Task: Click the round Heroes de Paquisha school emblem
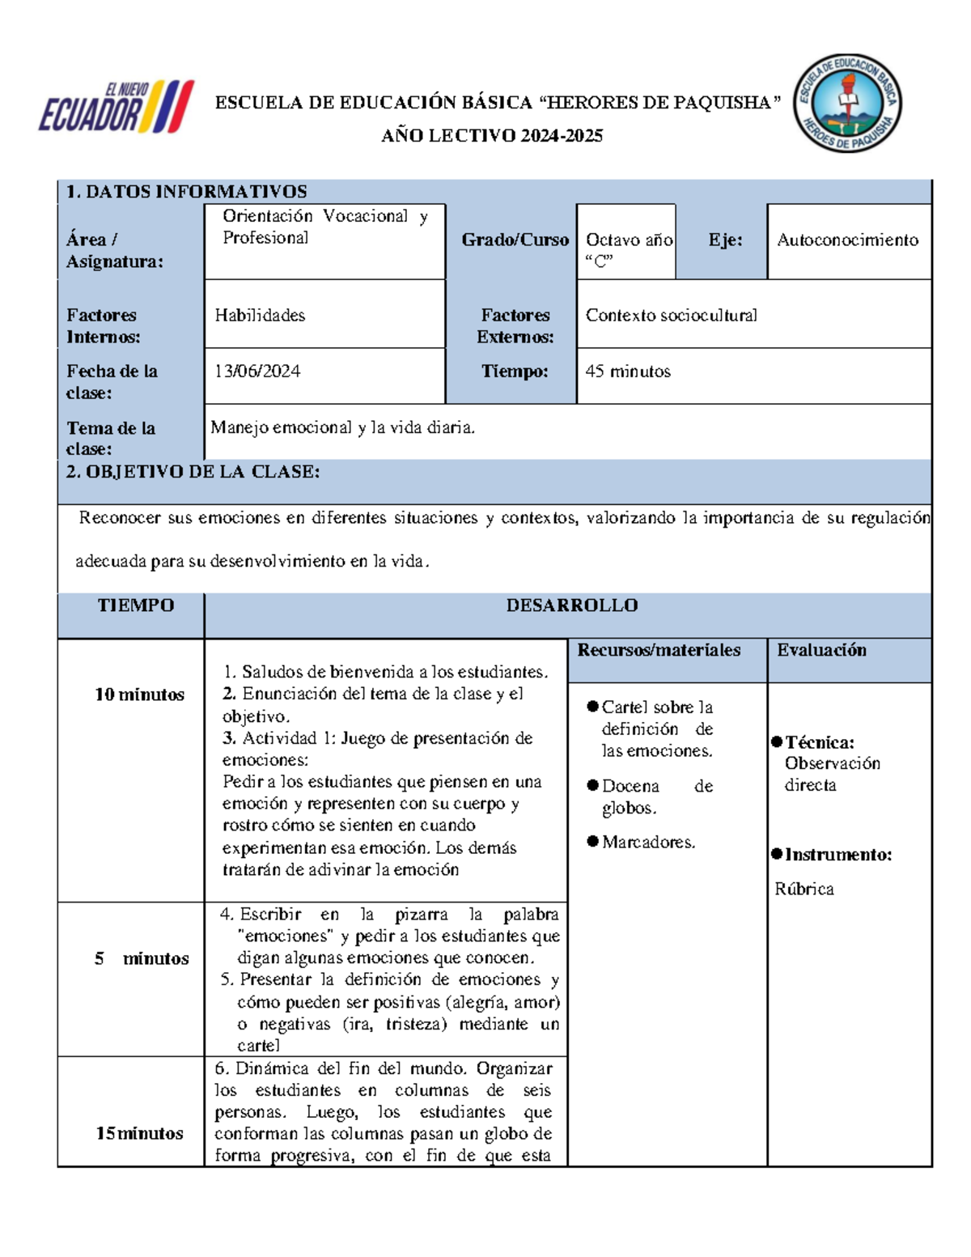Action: click(x=847, y=104)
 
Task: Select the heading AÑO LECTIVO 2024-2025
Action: click(x=492, y=136)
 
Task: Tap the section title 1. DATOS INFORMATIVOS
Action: click(x=186, y=192)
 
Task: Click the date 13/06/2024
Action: click(x=257, y=372)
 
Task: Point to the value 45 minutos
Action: click(x=628, y=372)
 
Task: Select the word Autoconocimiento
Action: click(x=847, y=240)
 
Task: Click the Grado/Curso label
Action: click(x=515, y=240)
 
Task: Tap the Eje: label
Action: click(x=725, y=240)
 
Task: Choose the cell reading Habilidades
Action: click(x=260, y=316)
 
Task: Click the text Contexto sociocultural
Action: click(x=671, y=316)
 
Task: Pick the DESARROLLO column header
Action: click(x=571, y=605)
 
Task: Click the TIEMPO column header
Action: click(x=135, y=605)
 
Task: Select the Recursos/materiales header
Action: click(x=659, y=650)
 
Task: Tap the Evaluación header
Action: click(x=821, y=650)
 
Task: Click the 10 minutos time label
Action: click(x=139, y=694)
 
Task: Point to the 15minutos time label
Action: click(x=139, y=1133)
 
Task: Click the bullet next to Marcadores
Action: click(x=593, y=842)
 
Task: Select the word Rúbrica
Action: click(x=804, y=889)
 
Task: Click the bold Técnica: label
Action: click(x=819, y=742)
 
